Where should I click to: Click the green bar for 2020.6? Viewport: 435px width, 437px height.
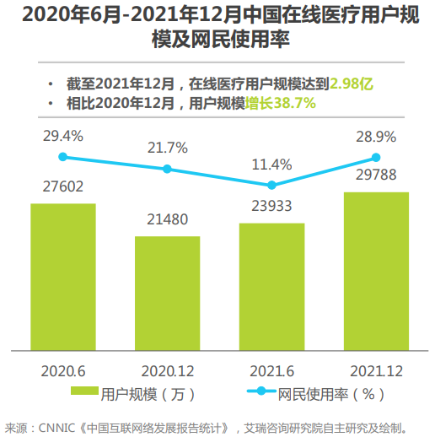pos(62,276)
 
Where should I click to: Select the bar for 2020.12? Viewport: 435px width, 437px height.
pos(167,292)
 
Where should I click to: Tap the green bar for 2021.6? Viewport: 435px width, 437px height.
pos(271,285)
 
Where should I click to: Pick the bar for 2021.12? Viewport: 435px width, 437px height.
pos(376,270)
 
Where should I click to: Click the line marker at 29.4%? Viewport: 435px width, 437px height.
pos(62,156)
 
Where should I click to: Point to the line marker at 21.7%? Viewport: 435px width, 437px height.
pos(167,169)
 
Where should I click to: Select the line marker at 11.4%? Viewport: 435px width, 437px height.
pos(271,185)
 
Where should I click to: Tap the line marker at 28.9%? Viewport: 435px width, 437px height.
pos(376,157)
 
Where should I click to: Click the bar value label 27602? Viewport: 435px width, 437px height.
pos(62,187)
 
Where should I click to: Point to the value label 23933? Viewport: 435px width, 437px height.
pos(271,208)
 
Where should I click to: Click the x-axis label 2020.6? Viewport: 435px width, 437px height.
pos(62,370)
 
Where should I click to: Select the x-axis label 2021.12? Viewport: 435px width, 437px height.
pos(376,370)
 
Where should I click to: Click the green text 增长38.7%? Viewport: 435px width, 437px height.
pos(280,103)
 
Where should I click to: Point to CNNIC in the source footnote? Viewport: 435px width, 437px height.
pos(58,426)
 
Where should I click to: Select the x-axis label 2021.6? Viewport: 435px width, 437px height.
pos(271,370)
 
